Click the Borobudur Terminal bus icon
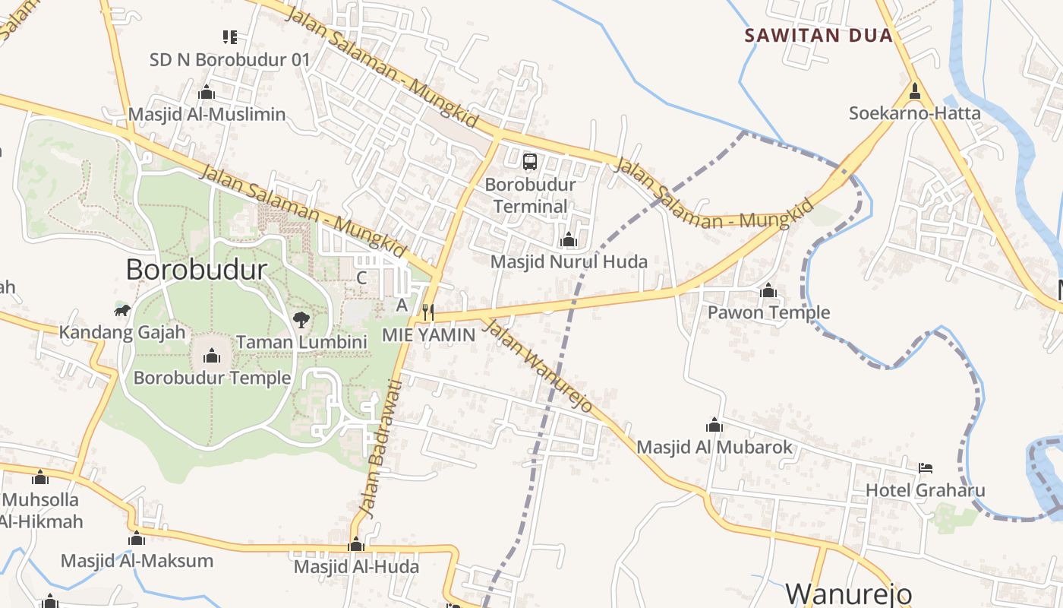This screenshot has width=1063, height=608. click(530, 161)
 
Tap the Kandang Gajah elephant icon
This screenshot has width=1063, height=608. click(122, 310)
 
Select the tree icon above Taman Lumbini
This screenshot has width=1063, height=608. click(301, 319)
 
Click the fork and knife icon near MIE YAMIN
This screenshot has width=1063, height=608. click(428, 312)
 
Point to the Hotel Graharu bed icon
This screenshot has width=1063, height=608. click(925, 467)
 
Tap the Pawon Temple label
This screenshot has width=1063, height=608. click(768, 312)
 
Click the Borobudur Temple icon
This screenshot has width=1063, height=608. click(212, 355)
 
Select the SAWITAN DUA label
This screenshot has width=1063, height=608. click(819, 35)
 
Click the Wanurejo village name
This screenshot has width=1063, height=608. click(848, 594)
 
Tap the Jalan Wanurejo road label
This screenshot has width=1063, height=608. click(538, 366)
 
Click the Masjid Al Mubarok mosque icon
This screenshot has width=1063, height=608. click(714, 425)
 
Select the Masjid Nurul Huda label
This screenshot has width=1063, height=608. click(569, 261)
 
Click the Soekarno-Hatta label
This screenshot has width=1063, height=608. click(914, 113)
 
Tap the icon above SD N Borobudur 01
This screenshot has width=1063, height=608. click(230, 36)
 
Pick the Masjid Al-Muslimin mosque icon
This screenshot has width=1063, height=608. click(206, 93)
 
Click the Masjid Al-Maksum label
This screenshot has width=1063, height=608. click(137, 561)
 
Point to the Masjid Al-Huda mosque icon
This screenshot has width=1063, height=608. click(356, 545)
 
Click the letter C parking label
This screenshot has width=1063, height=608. click(361, 277)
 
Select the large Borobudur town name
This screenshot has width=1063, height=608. click(197, 269)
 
